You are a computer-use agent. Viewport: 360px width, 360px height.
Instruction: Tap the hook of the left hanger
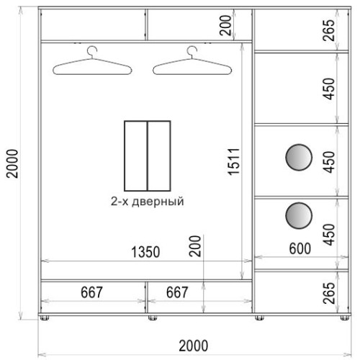pos(92,51)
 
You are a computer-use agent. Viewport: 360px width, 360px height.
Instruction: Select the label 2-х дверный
pos(147,201)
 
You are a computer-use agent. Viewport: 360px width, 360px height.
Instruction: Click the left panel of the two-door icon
pos(136,156)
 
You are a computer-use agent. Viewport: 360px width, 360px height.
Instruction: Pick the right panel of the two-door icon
pos(159,156)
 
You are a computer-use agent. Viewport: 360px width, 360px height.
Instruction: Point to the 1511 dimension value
pos(234,161)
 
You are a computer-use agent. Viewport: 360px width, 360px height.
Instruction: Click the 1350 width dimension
pos(145,252)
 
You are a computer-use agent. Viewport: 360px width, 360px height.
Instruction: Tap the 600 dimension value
pos(300,248)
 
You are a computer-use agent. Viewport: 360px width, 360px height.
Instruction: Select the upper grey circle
pos(299,158)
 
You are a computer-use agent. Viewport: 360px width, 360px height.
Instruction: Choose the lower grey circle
pos(299,215)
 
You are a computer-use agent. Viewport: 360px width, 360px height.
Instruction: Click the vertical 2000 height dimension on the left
pos(12,163)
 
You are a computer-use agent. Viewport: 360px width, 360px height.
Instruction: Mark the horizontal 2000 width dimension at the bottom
pos(194,346)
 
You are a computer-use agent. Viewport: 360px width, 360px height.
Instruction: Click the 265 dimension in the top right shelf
pos(329,30)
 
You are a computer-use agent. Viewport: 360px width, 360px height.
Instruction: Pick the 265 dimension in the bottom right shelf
pos(329,293)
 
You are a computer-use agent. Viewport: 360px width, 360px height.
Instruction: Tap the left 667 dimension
pos(91,292)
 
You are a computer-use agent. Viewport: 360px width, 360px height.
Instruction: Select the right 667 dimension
pos(177,292)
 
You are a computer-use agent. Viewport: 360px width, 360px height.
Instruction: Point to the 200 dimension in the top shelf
pos(225,25)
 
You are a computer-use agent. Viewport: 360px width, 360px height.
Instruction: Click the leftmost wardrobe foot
pos(45,318)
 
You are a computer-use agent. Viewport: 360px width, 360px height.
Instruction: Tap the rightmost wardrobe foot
pos(345,318)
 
